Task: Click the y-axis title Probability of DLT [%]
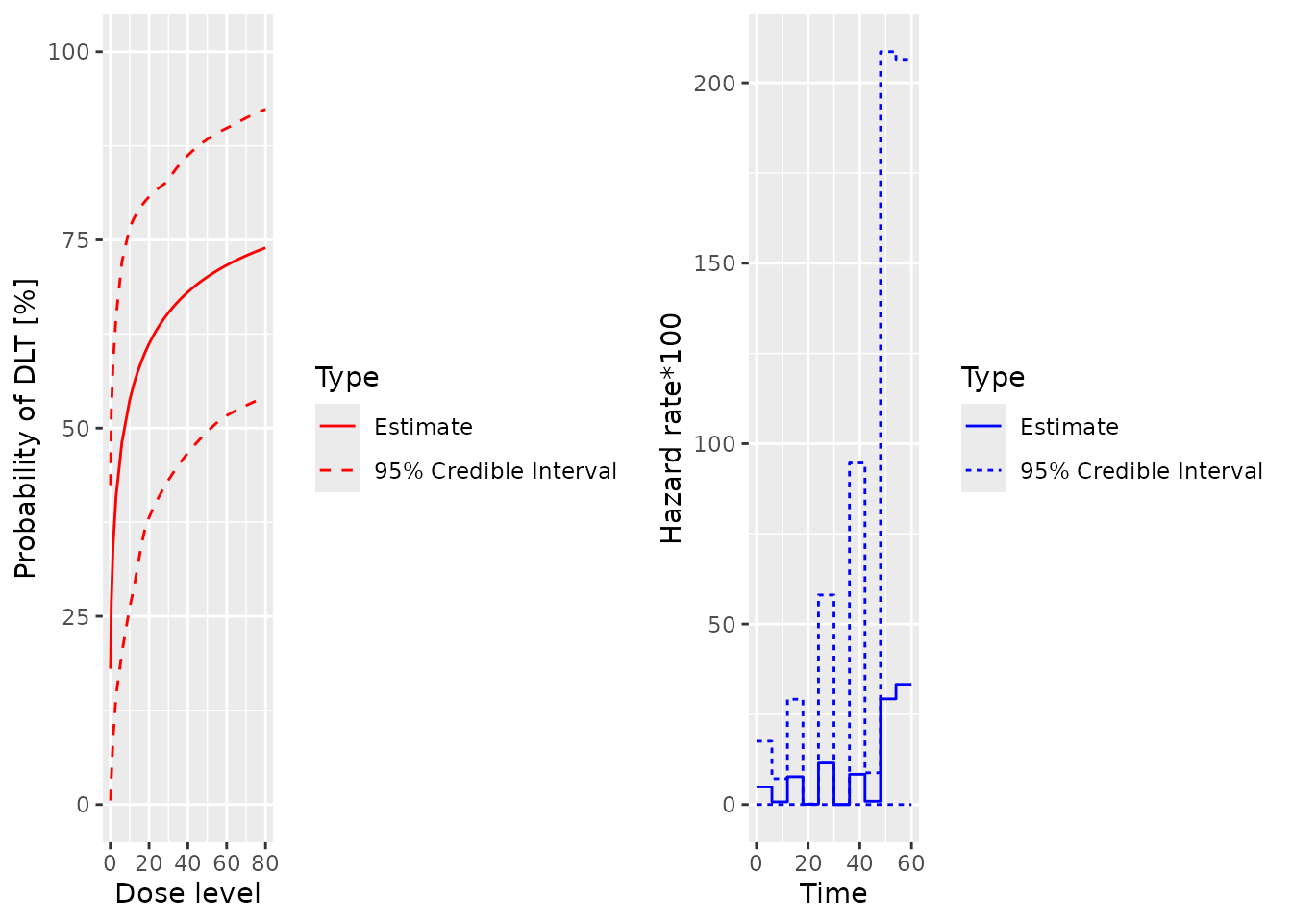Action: coord(26,428)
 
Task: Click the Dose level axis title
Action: coord(187,893)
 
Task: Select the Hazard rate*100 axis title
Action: coord(671,428)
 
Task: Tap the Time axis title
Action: coord(833,893)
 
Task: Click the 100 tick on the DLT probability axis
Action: coord(68,51)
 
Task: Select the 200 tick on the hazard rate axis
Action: coord(713,83)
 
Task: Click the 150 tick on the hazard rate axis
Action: coord(713,263)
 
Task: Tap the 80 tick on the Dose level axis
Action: coord(264,863)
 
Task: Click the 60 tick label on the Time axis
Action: coord(910,863)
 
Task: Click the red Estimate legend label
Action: coord(423,427)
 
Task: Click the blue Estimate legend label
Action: coord(1069,427)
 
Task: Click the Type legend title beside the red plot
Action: coord(347,377)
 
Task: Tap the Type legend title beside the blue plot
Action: coord(993,377)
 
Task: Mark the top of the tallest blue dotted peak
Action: coord(887,52)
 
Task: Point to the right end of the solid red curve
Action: coord(264,248)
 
